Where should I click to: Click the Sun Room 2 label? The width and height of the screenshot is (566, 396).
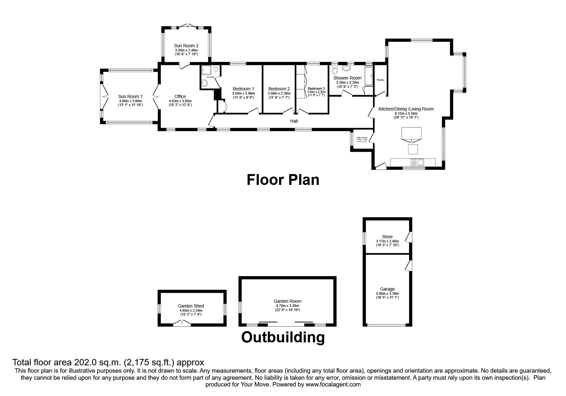(186, 46)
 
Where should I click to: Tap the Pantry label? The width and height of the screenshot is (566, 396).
(380, 80)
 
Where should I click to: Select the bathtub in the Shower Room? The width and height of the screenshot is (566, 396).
(368, 76)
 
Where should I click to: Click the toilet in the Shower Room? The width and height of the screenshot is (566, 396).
(335, 71)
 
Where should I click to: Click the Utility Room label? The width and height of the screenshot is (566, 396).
(362, 138)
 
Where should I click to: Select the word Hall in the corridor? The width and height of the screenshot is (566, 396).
(294, 121)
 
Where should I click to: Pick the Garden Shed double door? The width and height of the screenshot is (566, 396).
(182, 323)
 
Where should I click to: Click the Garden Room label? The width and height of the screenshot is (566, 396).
(287, 301)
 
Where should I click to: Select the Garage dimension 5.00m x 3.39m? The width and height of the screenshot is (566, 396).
(387, 293)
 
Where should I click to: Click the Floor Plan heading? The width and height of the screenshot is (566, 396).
(283, 180)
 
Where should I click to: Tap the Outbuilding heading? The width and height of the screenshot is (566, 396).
(283, 337)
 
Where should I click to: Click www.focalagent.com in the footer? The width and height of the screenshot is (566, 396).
(333, 385)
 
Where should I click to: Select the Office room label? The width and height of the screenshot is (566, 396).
(180, 96)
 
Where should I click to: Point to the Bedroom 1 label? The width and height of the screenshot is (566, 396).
(243, 89)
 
